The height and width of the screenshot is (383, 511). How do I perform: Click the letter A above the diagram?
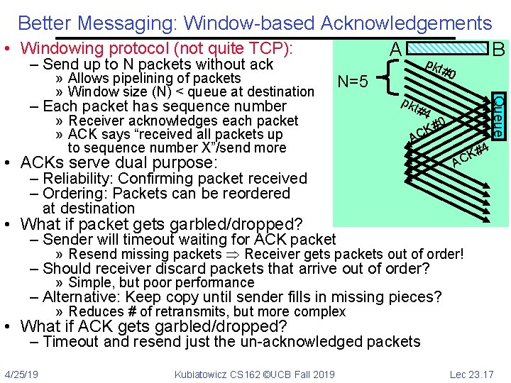coord(396,50)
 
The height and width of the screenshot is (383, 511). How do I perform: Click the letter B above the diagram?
coord(498,50)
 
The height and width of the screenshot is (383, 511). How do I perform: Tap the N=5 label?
coord(353,82)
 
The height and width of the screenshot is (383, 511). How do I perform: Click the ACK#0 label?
coord(427,128)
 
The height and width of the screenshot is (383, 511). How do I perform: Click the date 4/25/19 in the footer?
coord(21,374)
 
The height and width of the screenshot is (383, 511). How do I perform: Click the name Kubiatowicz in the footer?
coord(206,374)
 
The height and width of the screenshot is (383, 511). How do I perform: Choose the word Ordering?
coord(75,193)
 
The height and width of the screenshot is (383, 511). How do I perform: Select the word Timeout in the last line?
coord(72,342)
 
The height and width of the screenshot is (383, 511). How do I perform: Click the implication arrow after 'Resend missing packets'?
coord(233,254)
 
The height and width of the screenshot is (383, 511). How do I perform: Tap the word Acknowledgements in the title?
coord(406,23)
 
